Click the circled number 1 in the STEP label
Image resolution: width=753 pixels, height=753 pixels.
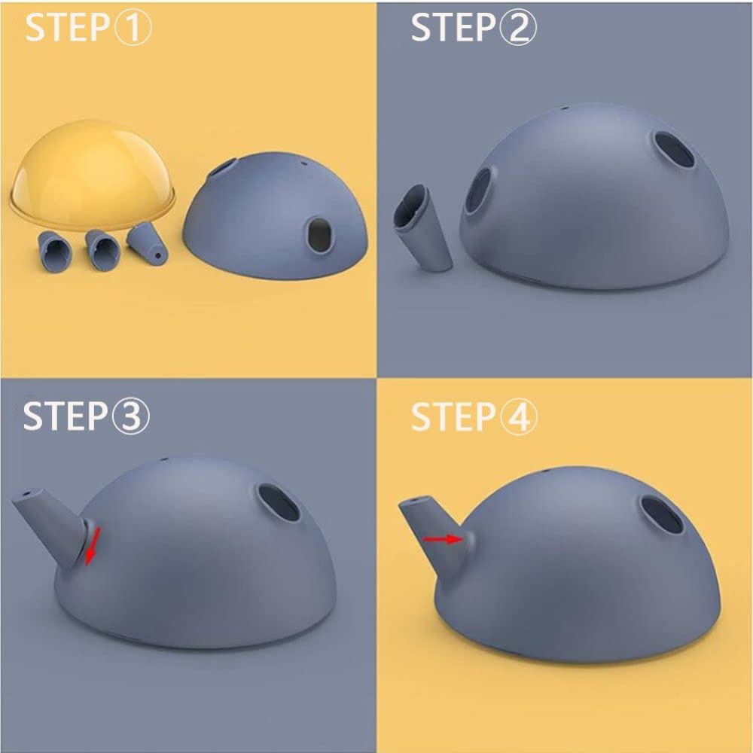(133, 27)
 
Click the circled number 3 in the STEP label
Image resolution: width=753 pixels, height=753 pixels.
(130, 416)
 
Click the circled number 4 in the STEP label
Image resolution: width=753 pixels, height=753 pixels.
(519, 417)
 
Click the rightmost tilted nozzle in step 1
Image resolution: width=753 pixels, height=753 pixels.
(147, 243)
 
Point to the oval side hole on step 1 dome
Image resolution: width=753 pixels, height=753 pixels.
(320, 235)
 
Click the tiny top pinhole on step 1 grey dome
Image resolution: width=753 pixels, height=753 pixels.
(303, 163)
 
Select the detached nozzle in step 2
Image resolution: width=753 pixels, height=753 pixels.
(421, 227)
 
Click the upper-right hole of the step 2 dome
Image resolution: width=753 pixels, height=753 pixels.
(674, 149)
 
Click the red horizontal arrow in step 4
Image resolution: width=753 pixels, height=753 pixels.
(444, 539)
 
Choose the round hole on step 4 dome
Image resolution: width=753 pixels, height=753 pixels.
(662, 515)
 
